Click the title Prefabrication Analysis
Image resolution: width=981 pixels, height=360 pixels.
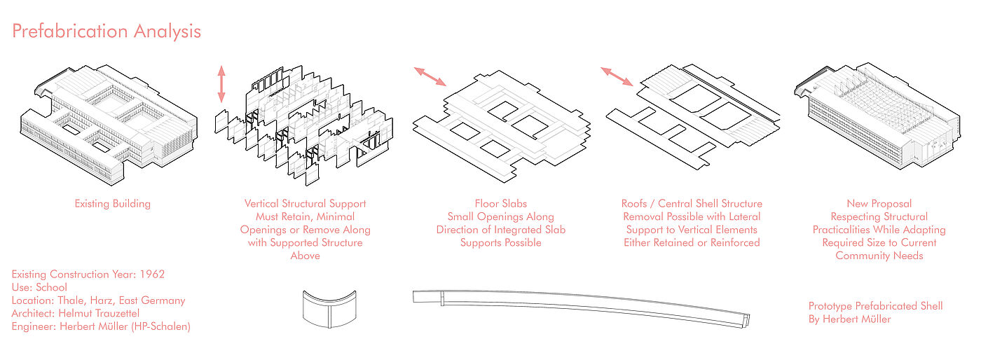click(x=107, y=32)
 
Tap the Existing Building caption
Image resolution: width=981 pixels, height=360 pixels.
click(x=112, y=204)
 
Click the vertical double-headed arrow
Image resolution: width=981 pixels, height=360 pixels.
click(x=221, y=85)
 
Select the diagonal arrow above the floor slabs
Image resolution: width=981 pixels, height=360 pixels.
click(x=430, y=76)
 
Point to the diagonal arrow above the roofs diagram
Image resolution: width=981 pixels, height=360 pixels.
click(x=617, y=76)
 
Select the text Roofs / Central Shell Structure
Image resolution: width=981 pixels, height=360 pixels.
click(x=692, y=204)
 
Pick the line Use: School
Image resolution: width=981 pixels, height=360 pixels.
click(x=40, y=287)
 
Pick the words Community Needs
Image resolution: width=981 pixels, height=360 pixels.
click(x=879, y=256)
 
